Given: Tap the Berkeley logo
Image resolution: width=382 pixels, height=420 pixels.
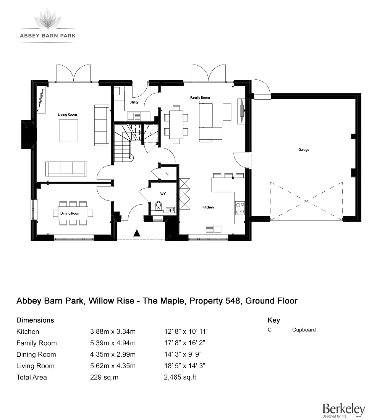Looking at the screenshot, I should pos(343,410).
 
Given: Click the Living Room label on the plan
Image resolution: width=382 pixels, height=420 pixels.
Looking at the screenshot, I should pos(67,115).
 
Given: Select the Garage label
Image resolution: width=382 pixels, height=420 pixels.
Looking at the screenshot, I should pos(304,150).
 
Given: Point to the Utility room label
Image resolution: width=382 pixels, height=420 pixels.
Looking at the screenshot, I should pos(134,102).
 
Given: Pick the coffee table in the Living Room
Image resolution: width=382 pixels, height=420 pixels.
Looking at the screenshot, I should pos(68,131).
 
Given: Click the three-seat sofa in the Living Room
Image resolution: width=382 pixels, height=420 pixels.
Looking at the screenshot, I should pos(66,168).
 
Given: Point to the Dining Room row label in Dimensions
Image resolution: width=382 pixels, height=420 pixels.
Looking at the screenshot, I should pos(36,354).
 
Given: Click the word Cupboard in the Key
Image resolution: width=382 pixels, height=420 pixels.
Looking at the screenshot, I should pos(304,330).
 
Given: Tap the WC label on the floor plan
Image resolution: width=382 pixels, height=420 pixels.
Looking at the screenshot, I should pos(163,194).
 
